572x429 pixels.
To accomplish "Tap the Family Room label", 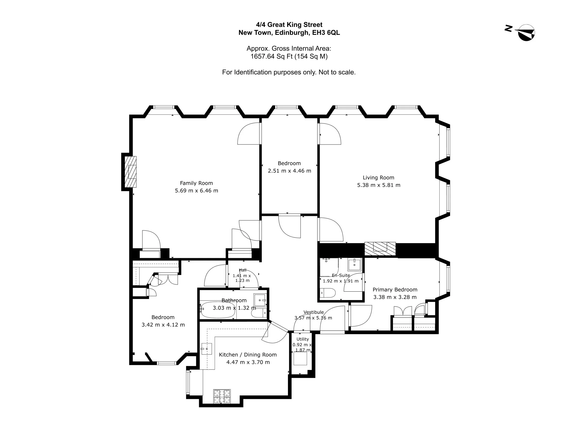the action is pyautogui.click(x=196, y=183).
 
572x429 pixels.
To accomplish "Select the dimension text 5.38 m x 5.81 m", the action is pyautogui.click(x=379, y=185).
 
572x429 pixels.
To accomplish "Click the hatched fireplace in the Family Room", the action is pyautogui.click(x=131, y=172).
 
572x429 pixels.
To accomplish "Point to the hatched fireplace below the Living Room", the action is pyautogui.click(x=380, y=249).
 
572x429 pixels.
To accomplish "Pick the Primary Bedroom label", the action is pyautogui.click(x=395, y=290).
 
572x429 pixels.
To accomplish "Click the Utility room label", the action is pyautogui.click(x=302, y=339).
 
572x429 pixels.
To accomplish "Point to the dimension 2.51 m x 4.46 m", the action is pyautogui.click(x=289, y=171).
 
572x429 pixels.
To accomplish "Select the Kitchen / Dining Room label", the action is pyautogui.click(x=248, y=355).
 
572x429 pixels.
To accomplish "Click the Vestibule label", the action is pyautogui.click(x=314, y=312).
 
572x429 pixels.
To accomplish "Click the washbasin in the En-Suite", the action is pyautogui.click(x=355, y=265).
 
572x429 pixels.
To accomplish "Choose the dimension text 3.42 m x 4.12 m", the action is pyautogui.click(x=163, y=325).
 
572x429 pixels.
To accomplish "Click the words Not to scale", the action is pyautogui.click(x=337, y=72).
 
